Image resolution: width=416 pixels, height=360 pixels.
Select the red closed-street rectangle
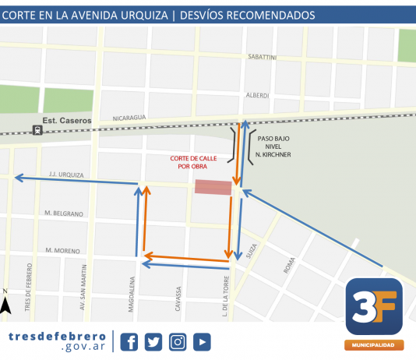tap(213, 187)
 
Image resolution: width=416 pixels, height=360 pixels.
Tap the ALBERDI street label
tap(257, 95)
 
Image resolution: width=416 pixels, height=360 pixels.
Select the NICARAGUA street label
tap(129, 117)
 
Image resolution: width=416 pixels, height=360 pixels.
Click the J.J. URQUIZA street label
tap(65, 175)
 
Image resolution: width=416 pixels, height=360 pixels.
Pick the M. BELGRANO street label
tap(63, 213)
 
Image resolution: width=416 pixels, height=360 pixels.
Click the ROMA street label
tap(290, 266)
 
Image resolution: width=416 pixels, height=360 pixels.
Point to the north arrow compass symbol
tap(6, 304)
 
